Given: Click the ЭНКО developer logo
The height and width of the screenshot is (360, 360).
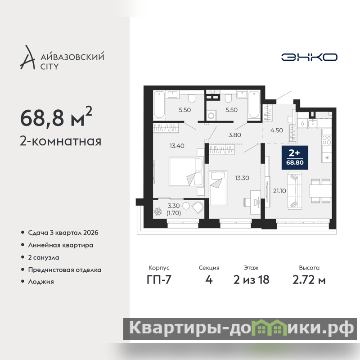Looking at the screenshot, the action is click(309, 57).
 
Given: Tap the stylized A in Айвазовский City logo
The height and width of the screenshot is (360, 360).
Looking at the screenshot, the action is click(28, 58).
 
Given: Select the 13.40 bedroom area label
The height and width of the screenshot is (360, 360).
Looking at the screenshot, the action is click(177, 146).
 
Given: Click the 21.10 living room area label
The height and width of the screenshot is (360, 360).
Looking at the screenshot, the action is click(279, 191).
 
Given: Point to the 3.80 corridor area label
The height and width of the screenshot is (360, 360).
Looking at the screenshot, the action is click(234, 135).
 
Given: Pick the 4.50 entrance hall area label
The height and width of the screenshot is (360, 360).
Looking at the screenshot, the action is click(277, 130).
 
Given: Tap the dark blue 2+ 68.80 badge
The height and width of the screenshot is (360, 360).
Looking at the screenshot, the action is click(295, 157).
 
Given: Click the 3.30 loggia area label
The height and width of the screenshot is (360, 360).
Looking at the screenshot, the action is click(174, 206).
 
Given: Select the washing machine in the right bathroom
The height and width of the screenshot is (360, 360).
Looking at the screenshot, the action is click(211, 115).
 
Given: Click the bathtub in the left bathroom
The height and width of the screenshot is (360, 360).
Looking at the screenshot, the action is click(159, 105).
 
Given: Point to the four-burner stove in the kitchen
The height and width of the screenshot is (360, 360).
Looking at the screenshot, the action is click(327, 140).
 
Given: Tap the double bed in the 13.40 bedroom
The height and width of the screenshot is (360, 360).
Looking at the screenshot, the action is click(186, 172).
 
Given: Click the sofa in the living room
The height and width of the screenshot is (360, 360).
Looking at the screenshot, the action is click(295, 191).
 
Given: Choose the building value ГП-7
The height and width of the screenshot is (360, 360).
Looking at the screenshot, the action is click(159, 280).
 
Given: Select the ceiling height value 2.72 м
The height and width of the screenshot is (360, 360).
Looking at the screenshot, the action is click(309, 280).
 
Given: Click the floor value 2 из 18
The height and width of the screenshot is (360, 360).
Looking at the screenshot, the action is click(251, 280).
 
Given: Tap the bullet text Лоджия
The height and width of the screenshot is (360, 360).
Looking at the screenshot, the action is click(41, 282).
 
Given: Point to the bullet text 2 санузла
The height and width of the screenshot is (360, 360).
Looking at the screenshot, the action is click(44, 257).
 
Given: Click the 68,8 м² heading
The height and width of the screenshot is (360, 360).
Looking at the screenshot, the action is click(56, 117).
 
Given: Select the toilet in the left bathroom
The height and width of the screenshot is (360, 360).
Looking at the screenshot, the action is click(192, 99).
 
